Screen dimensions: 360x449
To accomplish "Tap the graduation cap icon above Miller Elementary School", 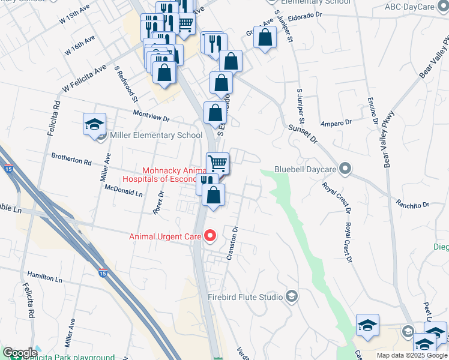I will click(95, 124).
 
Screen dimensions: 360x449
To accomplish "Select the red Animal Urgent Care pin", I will click(209, 236).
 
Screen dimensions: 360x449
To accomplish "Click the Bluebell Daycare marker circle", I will click(345, 169).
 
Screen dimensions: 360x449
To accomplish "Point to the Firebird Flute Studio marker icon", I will click(291, 296).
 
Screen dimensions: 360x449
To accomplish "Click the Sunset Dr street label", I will click(302, 133).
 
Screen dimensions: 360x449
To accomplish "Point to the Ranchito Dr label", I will click(412, 205).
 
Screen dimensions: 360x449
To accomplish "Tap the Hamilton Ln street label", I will click(44, 280).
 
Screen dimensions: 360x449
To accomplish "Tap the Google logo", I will click(20, 353).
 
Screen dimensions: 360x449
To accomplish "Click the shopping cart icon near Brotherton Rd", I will click(217, 163).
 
